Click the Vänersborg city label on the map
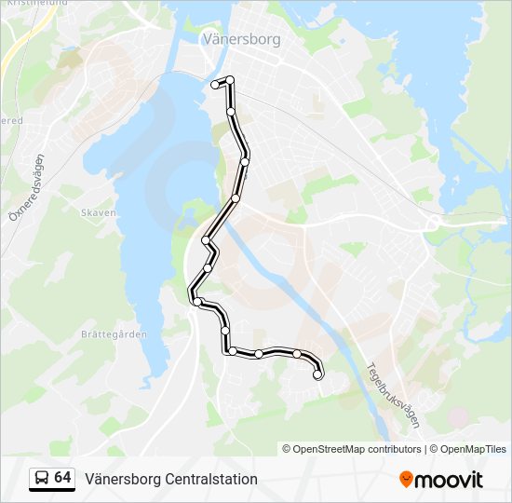pos(241,40)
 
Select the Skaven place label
pos(99,212)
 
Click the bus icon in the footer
pos(41,479)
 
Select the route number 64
pos(62,478)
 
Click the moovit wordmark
pos(450,480)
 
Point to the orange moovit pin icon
pos(406,479)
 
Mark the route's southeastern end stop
pos(318,375)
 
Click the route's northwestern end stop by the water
pos(215,85)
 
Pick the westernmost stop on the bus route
pos(196,301)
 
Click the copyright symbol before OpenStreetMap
pos(287,449)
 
